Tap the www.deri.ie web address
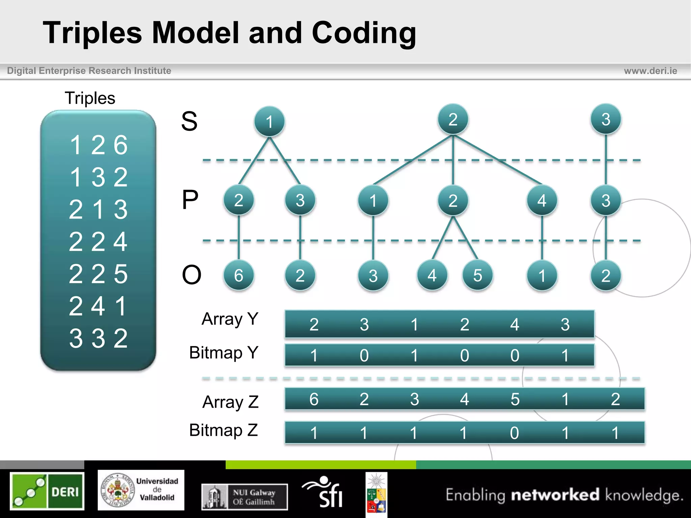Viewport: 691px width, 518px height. [650, 71]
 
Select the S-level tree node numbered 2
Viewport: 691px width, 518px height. [453, 119]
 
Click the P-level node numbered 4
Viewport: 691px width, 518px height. [542, 201]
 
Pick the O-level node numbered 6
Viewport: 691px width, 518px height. [239, 276]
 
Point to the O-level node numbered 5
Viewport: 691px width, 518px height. [477, 276]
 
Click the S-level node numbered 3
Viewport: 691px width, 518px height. [606, 119]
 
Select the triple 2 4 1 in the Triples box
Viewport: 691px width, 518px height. [98, 306]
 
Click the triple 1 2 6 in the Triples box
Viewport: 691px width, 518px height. [99, 145]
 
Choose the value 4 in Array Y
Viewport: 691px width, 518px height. [515, 324]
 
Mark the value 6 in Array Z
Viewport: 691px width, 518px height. [314, 399]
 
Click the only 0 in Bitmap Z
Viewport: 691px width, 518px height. [515, 433]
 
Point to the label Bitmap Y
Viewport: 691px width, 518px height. [224, 353]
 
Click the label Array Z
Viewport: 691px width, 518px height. [230, 402]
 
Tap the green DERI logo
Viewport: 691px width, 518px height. [47, 491]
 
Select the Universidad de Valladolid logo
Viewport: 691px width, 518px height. [141, 490]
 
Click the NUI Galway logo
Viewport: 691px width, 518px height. [245, 497]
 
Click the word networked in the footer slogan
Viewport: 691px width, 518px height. [555, 495]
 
